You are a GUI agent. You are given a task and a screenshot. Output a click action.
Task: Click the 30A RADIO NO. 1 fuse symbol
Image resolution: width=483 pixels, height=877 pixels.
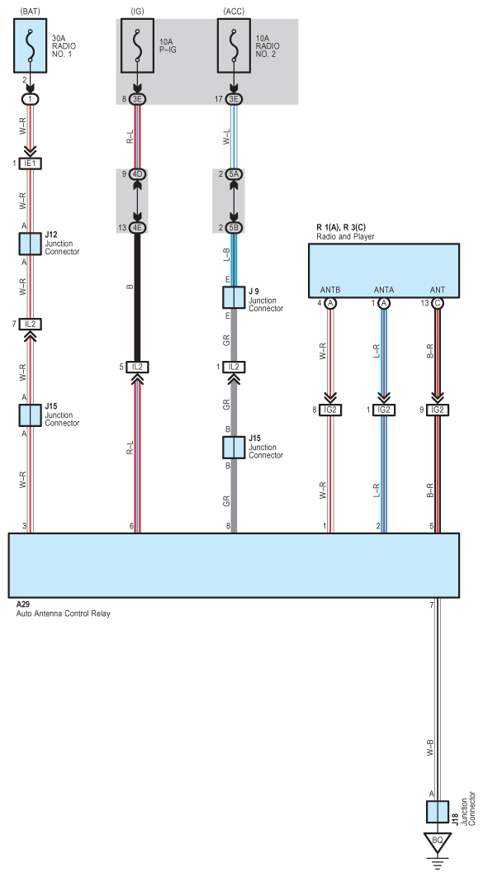click(31, 45)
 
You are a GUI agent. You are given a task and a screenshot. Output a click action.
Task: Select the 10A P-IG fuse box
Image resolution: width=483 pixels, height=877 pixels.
click(137, 45)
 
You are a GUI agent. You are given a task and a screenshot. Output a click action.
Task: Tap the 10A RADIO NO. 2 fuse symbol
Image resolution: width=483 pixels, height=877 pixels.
click(234, 45)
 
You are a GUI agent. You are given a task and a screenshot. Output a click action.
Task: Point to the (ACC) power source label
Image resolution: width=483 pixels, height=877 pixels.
click(233, 11)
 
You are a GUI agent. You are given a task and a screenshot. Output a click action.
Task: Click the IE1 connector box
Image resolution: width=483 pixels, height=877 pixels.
click(31, 164)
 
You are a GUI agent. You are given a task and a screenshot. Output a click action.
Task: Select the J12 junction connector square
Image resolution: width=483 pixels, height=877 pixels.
click(31, 244)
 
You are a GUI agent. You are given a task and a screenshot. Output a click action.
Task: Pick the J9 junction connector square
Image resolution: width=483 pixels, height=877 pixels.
click(234, 297)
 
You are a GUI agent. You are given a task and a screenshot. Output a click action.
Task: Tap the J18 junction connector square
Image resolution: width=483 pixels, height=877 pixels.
click(437, 812)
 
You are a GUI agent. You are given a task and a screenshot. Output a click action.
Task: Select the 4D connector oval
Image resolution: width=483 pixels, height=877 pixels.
click(137, 174)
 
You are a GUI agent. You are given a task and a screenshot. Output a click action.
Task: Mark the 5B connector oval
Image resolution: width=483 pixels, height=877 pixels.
click(234, 228)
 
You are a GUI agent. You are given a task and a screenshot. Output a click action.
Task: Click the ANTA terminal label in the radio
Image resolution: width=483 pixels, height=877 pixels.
click(383, 290)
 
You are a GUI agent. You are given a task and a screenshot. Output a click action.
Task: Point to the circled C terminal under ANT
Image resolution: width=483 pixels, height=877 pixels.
click(437, 303)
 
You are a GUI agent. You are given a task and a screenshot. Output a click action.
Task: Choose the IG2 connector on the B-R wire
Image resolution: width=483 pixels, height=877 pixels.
click(437, 410)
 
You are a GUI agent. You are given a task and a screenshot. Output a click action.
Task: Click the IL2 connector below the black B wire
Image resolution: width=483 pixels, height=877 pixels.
click(137, 367)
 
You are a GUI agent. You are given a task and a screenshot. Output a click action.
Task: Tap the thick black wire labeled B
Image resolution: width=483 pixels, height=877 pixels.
click(137, 297)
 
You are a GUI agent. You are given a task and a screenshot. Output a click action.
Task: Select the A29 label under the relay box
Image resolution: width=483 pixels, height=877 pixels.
click(23, 604)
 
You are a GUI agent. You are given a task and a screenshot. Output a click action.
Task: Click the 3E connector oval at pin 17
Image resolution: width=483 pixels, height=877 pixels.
click(234, 99)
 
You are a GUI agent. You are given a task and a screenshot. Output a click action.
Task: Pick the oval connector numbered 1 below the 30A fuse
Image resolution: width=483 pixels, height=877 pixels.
click(31, 99)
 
